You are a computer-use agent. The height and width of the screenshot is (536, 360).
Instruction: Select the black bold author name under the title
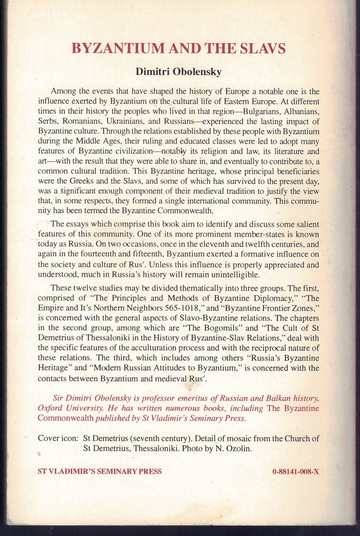coord(179,72)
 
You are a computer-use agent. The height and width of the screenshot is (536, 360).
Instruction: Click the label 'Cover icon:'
coord(57,438)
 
